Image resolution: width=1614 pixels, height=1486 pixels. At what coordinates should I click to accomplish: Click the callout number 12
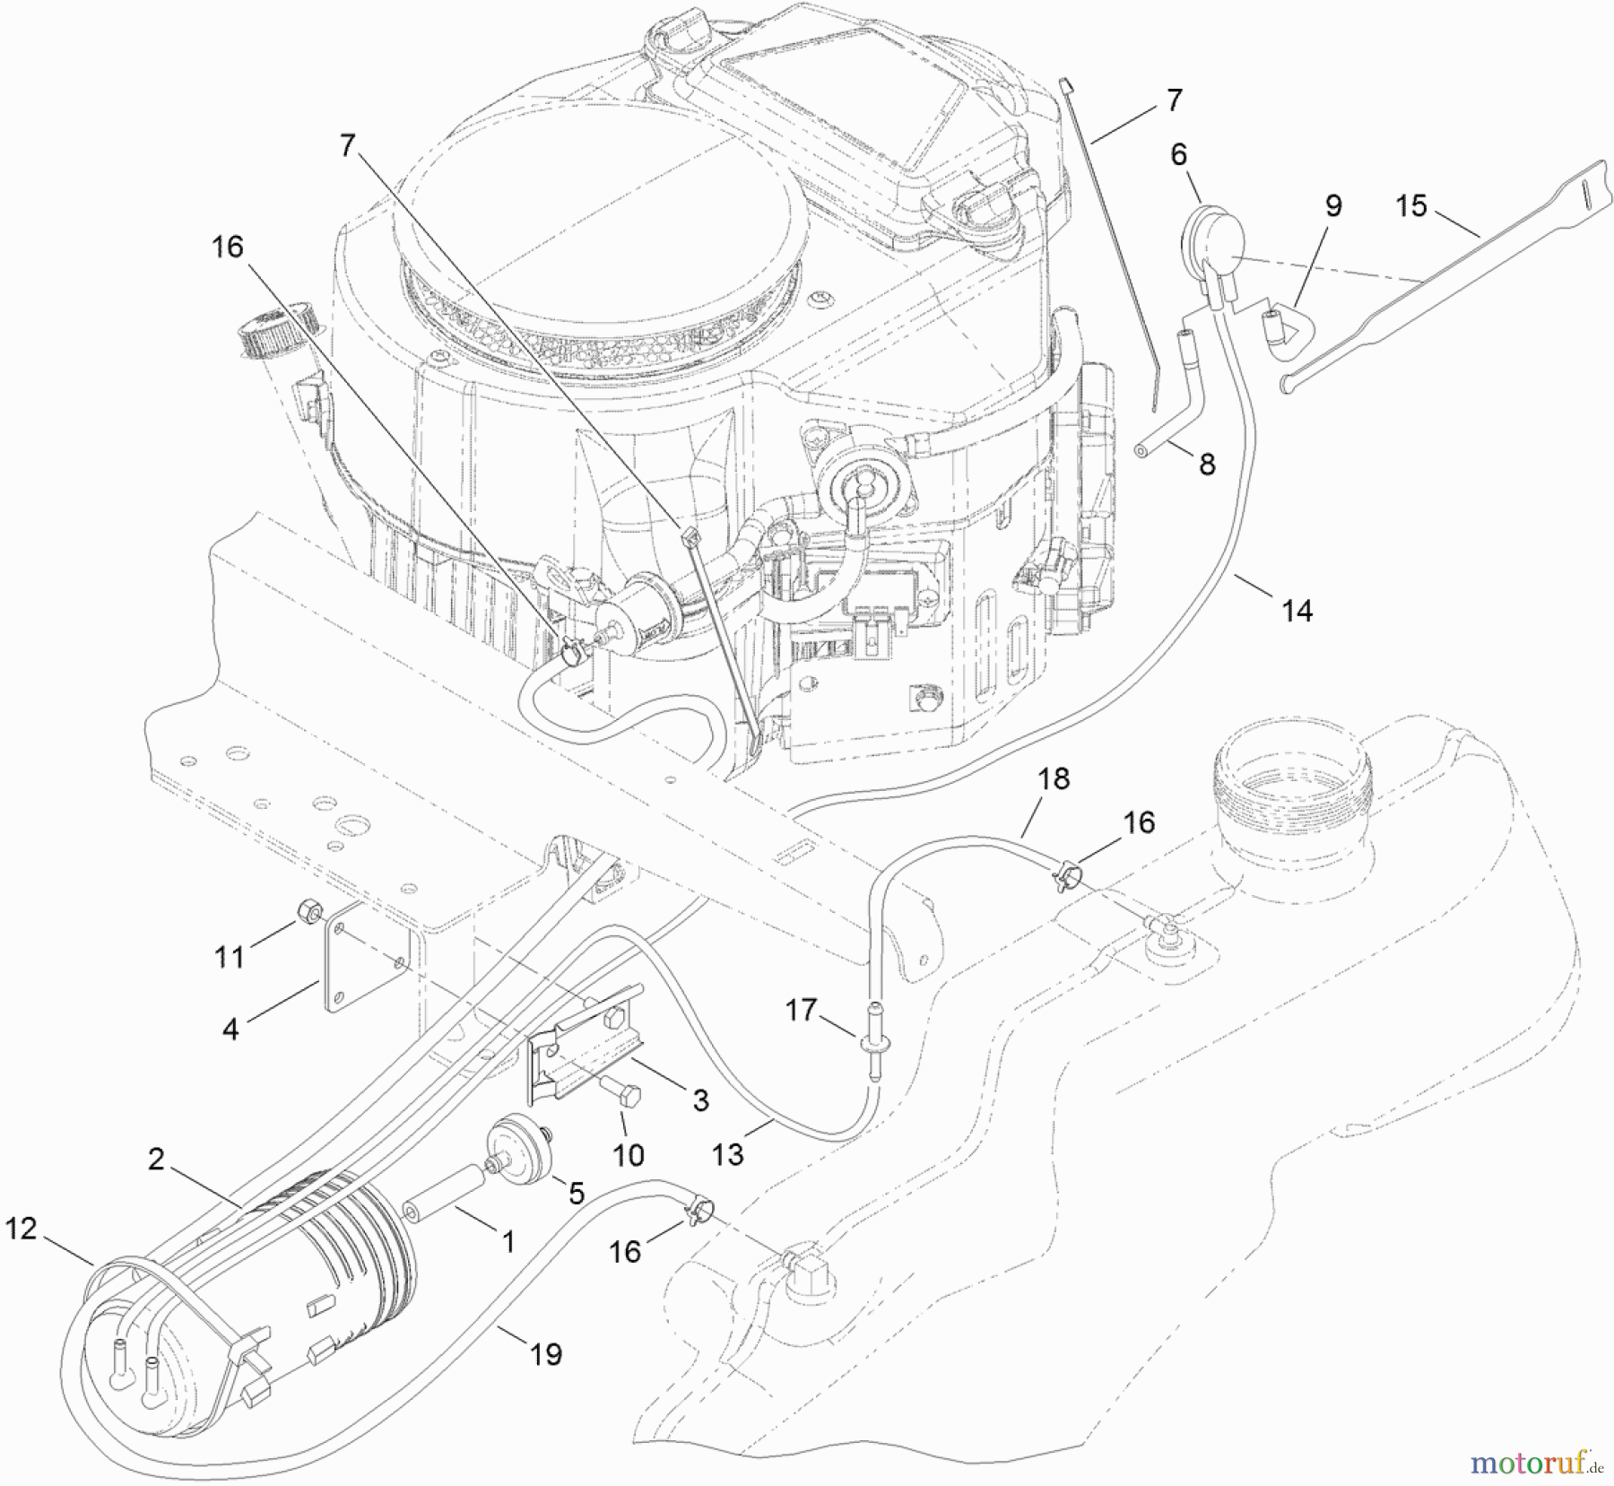point(22,1228)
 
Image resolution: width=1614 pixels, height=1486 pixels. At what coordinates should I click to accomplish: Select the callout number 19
point(545,1353)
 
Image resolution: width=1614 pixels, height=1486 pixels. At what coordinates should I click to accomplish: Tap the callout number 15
point(1410,206)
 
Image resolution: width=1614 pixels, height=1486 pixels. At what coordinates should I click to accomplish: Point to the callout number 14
point(1297,611)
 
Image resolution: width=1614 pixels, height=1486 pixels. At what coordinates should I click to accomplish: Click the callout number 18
point(1054,778)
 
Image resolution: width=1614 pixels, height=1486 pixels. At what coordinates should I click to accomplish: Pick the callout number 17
point(801,1010)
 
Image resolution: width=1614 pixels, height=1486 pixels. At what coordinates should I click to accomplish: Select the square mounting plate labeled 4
point(369,955)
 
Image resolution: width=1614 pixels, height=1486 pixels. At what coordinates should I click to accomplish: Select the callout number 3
point(700,1099)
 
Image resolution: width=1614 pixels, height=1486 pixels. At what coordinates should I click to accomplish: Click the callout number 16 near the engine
point(228,247)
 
